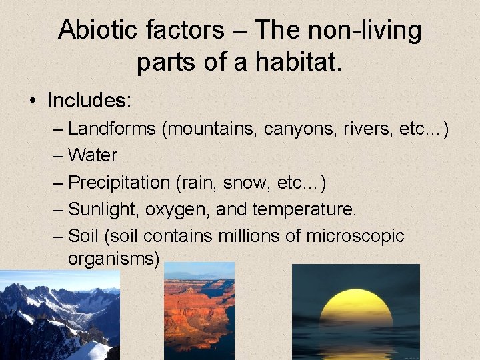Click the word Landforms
coord(111,128)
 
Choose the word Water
coord(93,155)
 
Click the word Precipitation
coord(119,182)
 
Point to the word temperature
coord(305,209)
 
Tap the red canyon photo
coord(199,310)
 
